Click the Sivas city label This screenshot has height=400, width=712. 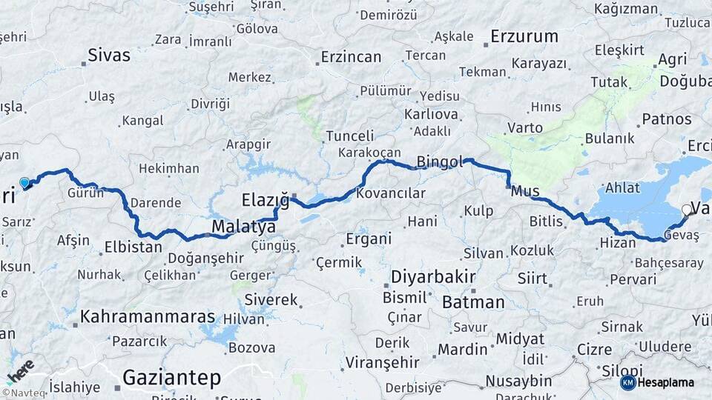108,55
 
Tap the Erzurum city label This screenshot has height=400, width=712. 524,36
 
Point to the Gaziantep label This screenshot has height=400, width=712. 171,378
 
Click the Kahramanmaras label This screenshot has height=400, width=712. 148,317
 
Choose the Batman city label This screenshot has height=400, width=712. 472,302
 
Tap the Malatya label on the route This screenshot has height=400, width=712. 243,227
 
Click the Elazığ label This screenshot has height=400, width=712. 265,199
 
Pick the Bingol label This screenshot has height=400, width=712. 440,161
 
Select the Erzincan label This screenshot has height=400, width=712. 351,57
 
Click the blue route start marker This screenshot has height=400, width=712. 24,182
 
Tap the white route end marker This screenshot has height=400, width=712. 686,210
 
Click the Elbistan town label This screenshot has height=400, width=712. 133,247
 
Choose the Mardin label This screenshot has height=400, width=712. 462,350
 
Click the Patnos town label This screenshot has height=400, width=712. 667,119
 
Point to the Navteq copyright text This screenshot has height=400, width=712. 25,393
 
